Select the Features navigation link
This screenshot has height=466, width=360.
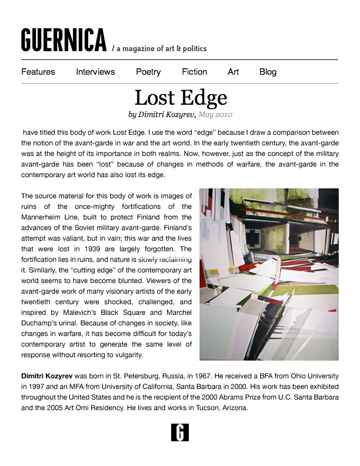38,72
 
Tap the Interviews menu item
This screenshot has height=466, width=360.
95,72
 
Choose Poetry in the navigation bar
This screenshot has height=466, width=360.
148,72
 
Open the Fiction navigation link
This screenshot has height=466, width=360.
194,72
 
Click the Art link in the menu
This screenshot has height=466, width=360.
234,72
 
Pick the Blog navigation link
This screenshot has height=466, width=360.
268,72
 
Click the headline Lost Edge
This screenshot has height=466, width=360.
181,97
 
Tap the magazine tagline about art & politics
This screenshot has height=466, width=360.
160,48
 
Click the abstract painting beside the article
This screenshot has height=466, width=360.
269,274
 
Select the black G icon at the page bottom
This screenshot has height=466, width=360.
180,432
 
